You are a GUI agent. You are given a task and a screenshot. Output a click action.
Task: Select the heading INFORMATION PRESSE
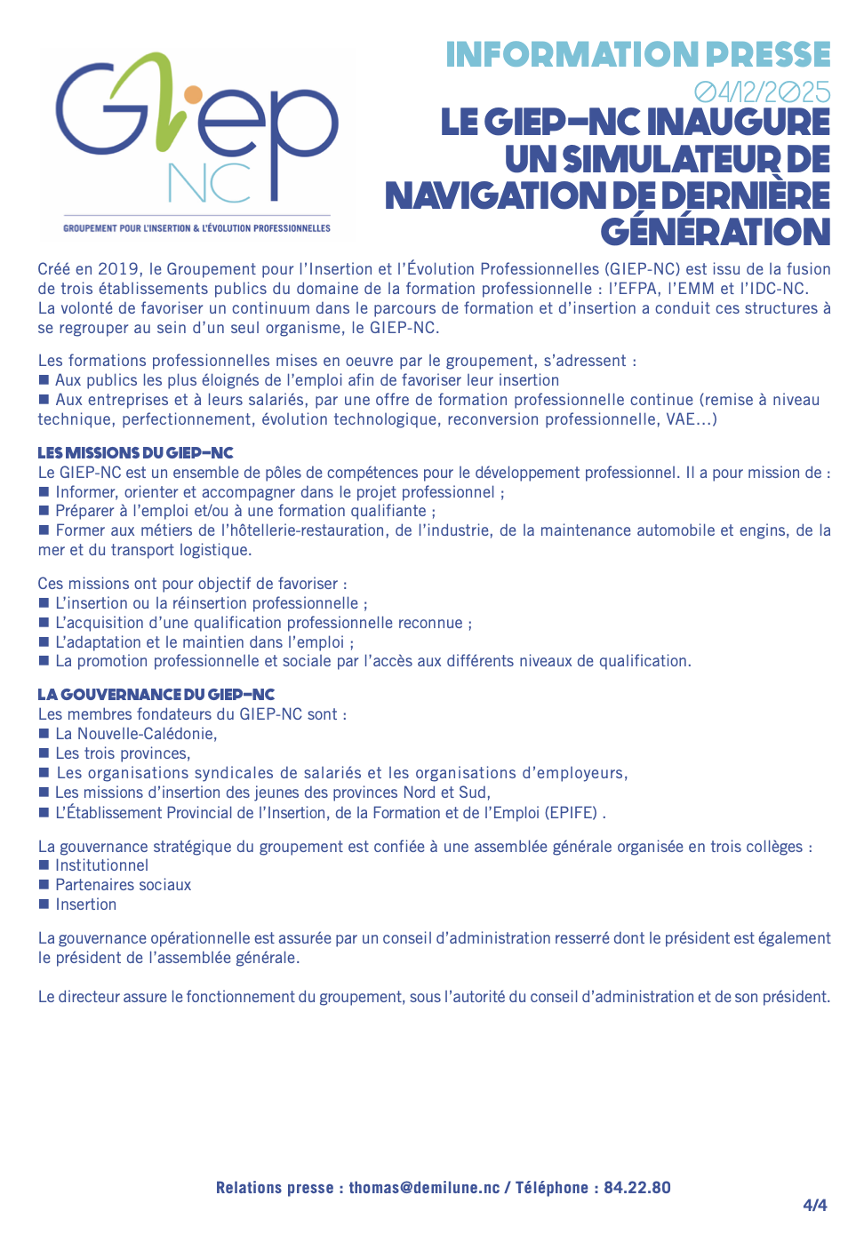(x=637, y=55)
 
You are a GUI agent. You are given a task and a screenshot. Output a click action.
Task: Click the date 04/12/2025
(x=762, y=92)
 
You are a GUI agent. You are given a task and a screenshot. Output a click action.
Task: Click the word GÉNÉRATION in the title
(x=716, y=233)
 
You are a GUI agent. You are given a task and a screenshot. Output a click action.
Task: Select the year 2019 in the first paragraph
(x=118, y=269)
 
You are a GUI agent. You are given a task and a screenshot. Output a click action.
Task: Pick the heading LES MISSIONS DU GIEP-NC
(x=135, y=453)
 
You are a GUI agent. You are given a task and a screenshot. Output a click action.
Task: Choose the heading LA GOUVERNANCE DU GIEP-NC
(x=156, y=695)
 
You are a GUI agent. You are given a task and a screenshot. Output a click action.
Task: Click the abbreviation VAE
(x=682, y=419)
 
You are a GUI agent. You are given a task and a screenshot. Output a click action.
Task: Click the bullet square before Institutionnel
(x=44, y=865)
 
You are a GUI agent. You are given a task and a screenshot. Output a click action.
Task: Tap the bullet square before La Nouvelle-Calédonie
(x=44, y=734)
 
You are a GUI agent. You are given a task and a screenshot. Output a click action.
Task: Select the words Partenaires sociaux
(x=123, y=885)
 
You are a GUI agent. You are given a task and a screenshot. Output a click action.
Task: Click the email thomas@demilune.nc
(x=424, y=1188)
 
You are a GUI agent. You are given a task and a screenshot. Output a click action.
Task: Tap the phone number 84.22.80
(x=637, y=1188)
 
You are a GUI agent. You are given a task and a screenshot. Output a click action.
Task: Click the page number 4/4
(x=814, y=1206)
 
